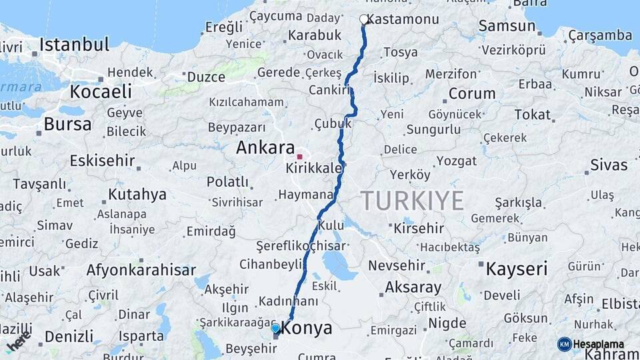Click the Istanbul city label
coord(74,45)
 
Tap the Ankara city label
coord(265,147)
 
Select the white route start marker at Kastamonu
coord(364,19)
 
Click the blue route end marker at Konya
coord(275,329)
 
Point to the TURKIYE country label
coord(413,200)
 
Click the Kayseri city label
coord(517,269)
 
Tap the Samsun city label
coord(507,26)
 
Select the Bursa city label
coord(67,124)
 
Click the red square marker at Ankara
coord(300,157)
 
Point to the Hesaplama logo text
coord(599,344)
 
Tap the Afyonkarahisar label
coord(141,270)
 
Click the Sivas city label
coord(609,165)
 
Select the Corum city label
coord(472,93)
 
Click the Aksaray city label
coord(413,288)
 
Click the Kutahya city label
coord(137,195)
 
